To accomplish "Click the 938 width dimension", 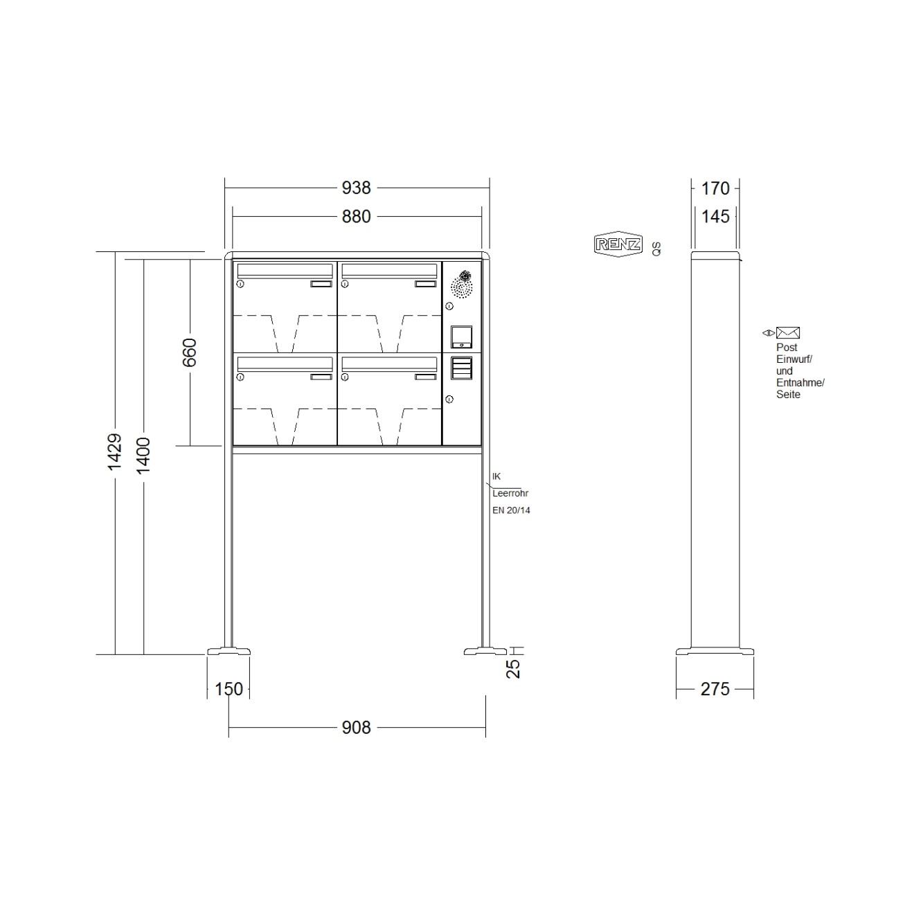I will [356, 188].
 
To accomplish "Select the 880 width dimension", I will [356, 217].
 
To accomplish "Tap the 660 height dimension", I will [189, 352].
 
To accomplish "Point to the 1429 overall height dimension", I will [115, 451].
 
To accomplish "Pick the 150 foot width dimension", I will [228, 689].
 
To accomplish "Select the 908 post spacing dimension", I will [356, 728].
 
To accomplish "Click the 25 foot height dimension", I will [514, 668].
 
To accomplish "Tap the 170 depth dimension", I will [715, 188].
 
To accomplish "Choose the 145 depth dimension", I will [715, 217].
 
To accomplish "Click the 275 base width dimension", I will [715, 689].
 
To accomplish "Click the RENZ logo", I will [618, 244].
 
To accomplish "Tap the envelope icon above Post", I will [787, 333].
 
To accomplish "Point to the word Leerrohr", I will [510, 494].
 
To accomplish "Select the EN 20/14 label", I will [511, 510].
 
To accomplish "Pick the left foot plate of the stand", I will [228, 651].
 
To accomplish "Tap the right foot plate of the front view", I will [485, 651].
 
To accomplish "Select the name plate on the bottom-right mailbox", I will [425, 377].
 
